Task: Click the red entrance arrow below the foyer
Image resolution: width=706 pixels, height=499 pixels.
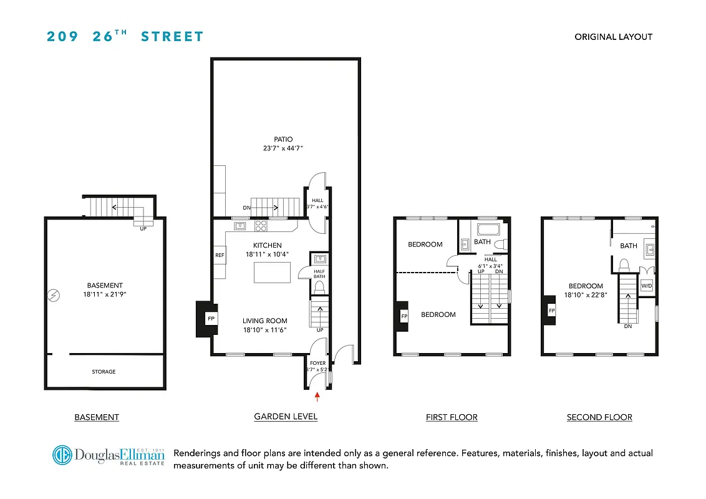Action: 317,395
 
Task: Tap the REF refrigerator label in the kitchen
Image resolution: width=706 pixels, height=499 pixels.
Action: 220,255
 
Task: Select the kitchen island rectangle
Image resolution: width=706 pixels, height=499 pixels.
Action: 272,272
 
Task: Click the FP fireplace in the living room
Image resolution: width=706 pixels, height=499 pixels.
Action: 211,319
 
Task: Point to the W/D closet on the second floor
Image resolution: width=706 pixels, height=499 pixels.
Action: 647,285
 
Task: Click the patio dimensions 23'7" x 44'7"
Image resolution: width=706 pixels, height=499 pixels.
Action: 283,148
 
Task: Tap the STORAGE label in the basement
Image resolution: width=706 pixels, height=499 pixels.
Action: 104,372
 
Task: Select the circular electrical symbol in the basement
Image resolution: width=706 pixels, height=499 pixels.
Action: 54,294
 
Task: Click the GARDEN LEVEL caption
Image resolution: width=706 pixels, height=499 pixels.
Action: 286,417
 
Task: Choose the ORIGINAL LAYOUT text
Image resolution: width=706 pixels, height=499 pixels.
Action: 613,37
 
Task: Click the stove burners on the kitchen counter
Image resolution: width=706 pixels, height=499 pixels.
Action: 261,226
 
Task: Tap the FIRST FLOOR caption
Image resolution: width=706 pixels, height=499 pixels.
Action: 451,417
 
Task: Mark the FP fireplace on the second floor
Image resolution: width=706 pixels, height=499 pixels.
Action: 551,310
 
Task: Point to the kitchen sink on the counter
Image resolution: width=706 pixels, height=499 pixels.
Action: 239,226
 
